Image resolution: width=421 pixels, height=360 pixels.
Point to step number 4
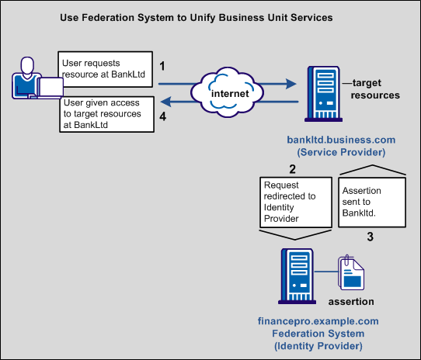162,116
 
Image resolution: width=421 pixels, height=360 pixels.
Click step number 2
292,169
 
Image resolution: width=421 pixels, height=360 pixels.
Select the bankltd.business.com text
341,140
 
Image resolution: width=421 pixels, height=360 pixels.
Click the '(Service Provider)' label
341,152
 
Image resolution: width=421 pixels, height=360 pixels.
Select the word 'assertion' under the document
351,301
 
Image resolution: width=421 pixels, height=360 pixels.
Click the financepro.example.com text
318,320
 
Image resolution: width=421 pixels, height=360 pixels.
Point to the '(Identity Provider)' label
318,345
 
